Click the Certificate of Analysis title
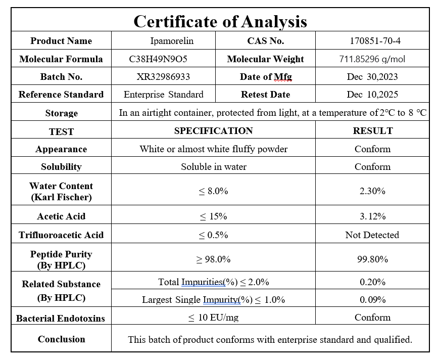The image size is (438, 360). point(220,21)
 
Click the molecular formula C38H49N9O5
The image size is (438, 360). point(158,59)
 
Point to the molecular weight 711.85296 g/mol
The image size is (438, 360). point(372,59)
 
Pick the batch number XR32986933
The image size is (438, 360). point(163,77)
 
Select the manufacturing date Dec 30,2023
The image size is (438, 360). point(372,77)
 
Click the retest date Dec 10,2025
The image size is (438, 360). point(372,95)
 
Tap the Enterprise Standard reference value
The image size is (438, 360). point(163,95)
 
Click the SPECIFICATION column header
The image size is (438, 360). point(213,131)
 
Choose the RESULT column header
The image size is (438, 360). point(373,131)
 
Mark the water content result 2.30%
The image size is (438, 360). point(373,191)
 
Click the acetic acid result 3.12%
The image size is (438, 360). point(373,216)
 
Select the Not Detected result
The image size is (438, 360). point(372,235)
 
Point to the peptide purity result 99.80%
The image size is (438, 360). point(373,259)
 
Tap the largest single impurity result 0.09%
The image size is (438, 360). point(373,300)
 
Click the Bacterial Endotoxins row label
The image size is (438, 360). point(61,319)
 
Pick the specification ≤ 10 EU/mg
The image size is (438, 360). point(213,318)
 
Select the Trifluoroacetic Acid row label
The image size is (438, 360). point(61,235)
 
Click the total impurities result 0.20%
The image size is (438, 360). point(373,282)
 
